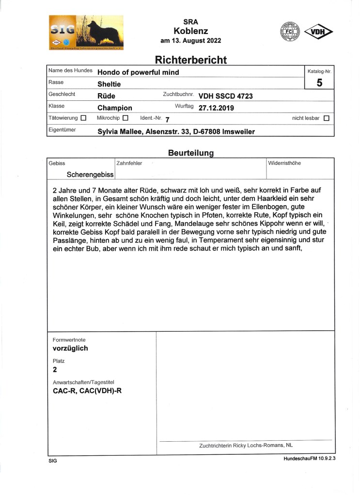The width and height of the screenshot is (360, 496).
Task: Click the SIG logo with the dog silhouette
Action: pyautogui.click(x=86, y=32)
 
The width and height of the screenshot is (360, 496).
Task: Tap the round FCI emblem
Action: pyautogui.click(x=290, y=32)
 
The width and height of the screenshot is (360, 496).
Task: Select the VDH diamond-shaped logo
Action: pyautogui.click(x=318, y=32)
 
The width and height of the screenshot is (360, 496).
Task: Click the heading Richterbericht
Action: pyautogui.click(x=190, y=60)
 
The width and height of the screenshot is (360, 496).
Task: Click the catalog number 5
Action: pyautogui.click(x=319, y=83)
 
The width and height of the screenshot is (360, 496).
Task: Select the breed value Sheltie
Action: pyautogui.click(x=109, y=84)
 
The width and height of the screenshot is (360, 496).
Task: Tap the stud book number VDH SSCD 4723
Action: pyautogui.click(x=225, y=96)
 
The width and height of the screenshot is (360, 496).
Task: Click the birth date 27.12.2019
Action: pyautogui.click(x=216, y=108)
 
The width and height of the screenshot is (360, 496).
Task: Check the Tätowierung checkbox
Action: pyautogui.click(x=83, y=118)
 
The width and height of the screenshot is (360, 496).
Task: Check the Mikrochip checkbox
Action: pyautogui.click(x=125, y=118)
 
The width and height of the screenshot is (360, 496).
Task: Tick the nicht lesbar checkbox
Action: pyautogui.click(x=326, y=118)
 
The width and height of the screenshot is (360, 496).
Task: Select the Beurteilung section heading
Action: pyautogui.click(x=190, y=153)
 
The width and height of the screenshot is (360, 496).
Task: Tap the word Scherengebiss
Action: pyautogui.click(x=90, y=174)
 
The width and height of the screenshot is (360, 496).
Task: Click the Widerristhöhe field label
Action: pyautogui.click(x=284, y=163)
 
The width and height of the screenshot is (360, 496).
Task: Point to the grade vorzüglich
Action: pyautogui.click(x=70, y=348)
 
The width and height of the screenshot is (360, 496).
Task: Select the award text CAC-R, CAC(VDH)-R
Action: pyautogui.click(x=87, y=390)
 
